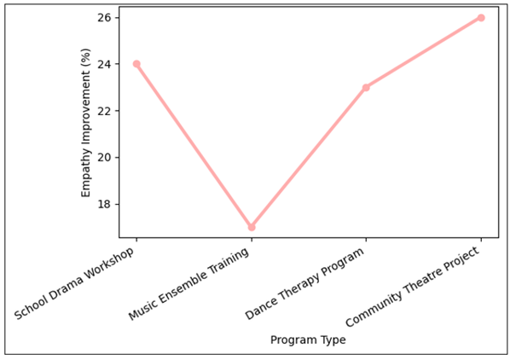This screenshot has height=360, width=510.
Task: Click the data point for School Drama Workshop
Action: click(x=136, y=64)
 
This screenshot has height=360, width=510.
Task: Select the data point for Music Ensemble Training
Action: click(x=252, y=227)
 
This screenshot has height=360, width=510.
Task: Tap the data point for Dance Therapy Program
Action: click(x=366, y=87)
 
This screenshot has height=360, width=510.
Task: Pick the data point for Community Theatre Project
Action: click(x=481, y=17)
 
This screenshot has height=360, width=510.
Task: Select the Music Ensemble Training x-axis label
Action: click(x=192, y=282)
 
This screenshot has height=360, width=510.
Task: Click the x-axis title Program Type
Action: click(x=308, y=340)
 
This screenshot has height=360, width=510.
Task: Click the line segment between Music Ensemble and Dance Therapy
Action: click(x=309, y=157)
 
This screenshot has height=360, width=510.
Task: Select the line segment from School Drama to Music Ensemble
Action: click(x=194, y=145)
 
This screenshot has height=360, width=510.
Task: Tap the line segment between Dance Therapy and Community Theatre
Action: click(x=423, y=52)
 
